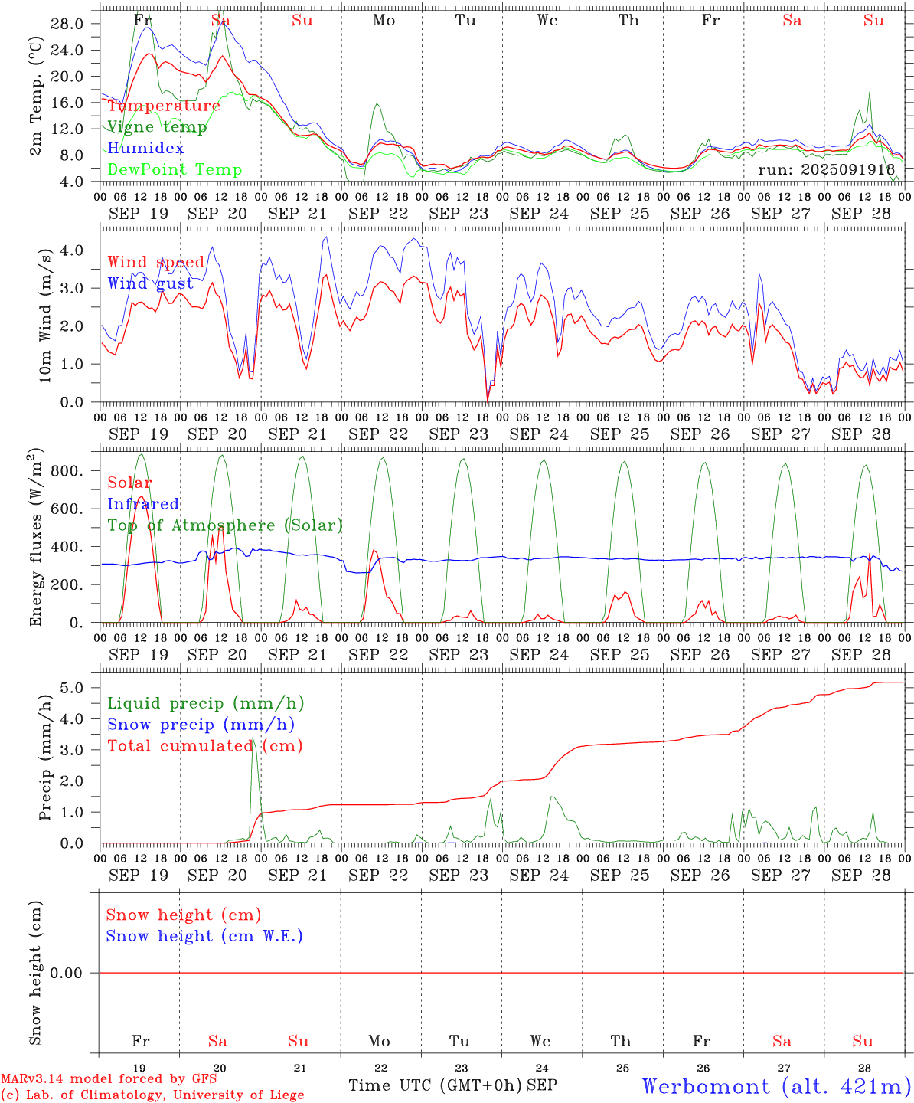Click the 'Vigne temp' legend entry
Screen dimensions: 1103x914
[157, 127]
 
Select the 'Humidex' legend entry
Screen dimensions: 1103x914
[145, 148]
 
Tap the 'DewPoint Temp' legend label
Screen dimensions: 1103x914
[175, 169]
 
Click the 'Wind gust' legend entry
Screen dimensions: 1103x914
[150, 283]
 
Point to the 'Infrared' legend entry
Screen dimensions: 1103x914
[143, 504]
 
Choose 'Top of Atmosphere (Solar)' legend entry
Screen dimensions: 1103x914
[225, 525]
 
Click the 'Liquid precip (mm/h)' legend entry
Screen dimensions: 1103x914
[206, 703]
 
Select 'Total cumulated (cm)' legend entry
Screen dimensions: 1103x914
[205, 745]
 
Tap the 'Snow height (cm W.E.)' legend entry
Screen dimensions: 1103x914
[204, 936]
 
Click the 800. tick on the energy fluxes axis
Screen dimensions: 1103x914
[67, 470]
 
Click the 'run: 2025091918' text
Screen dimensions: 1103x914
[826, 169]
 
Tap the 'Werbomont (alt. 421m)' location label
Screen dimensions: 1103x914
[776, 1086]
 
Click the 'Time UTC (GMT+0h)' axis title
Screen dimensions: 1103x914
[435, 1085]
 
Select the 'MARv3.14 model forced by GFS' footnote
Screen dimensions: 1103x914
[109, 1079]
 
